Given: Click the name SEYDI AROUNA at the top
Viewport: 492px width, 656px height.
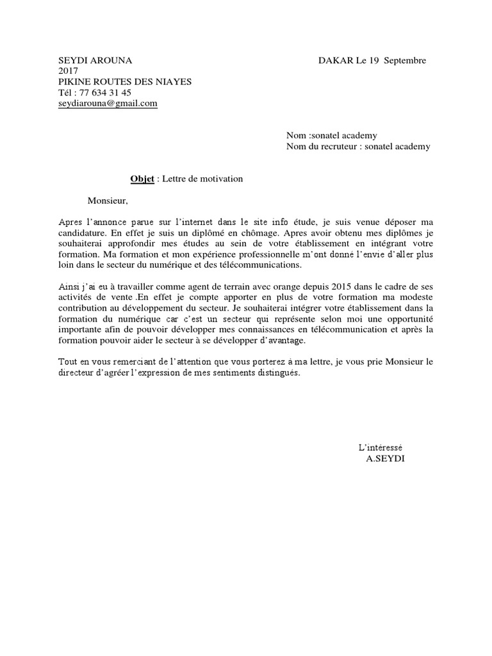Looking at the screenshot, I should [x=95, y=60].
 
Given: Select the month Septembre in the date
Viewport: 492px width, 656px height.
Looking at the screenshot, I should [x=404, y=60].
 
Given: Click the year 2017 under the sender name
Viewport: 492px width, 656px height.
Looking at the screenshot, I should [x=68, y=71].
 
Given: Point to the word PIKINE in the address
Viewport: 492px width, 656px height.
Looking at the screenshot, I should [x=74, y=81].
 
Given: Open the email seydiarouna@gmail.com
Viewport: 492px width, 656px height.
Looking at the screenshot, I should [x=108, y=103].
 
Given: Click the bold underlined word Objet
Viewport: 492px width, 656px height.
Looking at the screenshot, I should [x=142, y=179].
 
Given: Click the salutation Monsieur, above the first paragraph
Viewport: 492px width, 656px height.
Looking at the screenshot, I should [x=108, y=201].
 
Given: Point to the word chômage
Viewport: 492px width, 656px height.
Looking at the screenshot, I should [x=261, y=233].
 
